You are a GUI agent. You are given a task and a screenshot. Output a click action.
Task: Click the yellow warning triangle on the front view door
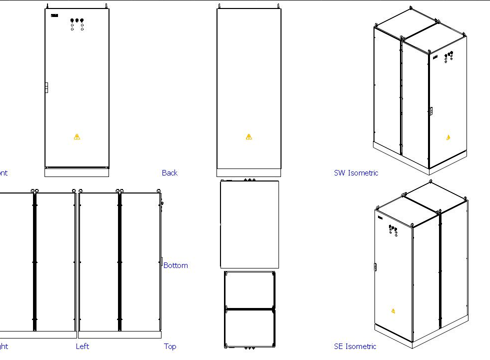click(x=76, y=136)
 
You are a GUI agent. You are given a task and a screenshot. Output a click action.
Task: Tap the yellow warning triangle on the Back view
click(x=249, y=136)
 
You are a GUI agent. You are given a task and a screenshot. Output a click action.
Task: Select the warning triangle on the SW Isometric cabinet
click(x=448, y=137)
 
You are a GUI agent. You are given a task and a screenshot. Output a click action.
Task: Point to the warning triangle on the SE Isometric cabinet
click(x=393, y=311)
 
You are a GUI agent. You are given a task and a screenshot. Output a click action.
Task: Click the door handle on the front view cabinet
click(x=46, y=87)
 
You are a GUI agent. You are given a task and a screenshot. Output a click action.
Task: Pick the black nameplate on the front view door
click(x=54, y=15)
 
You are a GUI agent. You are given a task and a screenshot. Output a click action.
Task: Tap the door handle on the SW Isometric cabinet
click(x=430, y=111)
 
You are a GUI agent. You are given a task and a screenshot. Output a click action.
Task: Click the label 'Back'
click(x=169, y=173)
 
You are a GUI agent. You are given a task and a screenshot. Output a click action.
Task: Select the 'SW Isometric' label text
click(x=356, y=173)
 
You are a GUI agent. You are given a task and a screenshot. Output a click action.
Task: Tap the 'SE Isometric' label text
click(x=355, y=346)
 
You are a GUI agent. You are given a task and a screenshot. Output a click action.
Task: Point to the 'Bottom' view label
click(x=175, y=265)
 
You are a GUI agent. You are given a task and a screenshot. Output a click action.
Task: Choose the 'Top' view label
click(x=170, y=346)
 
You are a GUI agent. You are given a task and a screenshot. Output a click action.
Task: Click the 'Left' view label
click(x=82, y=346)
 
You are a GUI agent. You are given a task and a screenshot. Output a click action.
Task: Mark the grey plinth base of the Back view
click(x=248, y=173)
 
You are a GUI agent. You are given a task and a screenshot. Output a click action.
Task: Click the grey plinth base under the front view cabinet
click(x=76, y=172)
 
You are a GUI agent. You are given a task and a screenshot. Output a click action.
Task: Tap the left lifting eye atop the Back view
click(x=219, y=6)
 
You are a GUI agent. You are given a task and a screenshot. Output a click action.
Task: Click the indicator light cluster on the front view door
click(x=77, y=24)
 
